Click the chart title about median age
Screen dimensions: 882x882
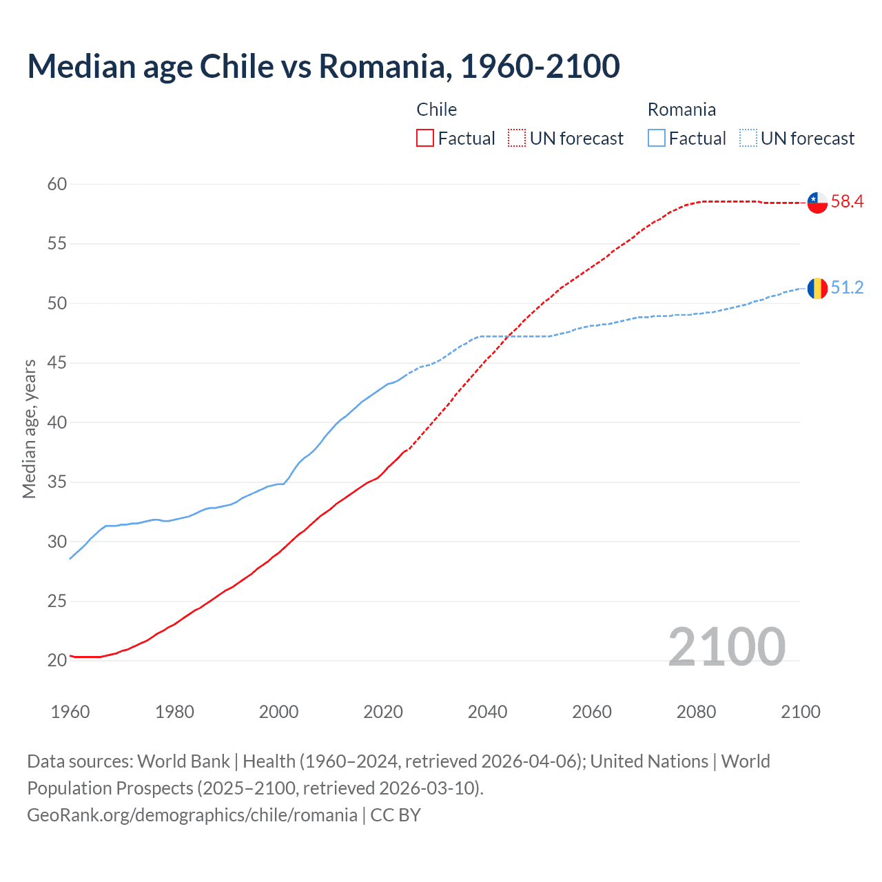(323, 66)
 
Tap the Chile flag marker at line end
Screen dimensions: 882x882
(817, 203)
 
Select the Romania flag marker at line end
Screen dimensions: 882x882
(817, 288)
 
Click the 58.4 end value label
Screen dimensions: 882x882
(847, 202)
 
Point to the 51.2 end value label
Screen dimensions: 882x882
(847, 287)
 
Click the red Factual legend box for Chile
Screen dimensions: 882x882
(425, 139)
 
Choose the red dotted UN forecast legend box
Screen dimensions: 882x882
(517, 139)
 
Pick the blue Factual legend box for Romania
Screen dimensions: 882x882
(657, 139)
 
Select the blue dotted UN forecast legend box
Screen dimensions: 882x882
(748, 139)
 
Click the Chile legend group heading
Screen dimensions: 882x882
(436, 110)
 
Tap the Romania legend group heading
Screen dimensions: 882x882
(681, 110)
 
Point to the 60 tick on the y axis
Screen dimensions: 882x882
(57, 184)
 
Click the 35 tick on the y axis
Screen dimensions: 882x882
(57, 482)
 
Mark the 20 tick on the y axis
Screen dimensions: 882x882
(57, 660)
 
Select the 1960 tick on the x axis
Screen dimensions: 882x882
(70, 712)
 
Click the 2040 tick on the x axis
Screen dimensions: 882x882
(487, 712)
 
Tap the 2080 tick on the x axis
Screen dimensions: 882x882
(696, 712)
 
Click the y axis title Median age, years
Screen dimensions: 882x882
(29, 429)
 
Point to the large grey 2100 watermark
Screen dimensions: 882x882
(726, 647)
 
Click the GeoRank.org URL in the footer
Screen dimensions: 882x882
(192, 815)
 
